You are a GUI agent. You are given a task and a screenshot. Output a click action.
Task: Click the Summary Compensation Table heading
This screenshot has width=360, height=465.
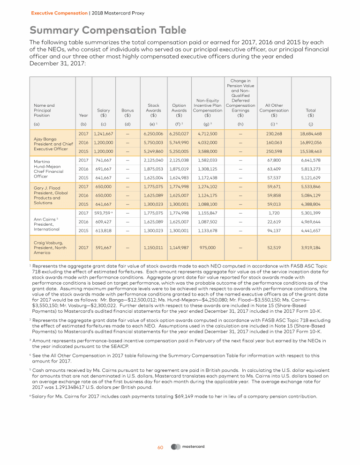[108, 30]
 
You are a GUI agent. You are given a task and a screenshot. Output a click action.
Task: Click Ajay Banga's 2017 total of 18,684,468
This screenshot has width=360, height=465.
[310, 133]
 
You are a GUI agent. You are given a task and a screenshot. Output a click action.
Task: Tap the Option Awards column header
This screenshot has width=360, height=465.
[179, 110]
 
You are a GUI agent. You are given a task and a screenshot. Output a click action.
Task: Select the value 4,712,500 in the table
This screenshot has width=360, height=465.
[208, 133]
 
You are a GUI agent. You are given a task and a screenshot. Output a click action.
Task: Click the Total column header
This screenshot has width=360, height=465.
[310, 112]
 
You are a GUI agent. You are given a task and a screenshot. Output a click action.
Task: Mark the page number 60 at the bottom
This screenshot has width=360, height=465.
[160, 448]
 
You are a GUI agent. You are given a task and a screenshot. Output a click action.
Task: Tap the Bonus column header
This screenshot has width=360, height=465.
[127, 112]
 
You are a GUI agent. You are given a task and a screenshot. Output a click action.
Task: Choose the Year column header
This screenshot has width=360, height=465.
[84, 115]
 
